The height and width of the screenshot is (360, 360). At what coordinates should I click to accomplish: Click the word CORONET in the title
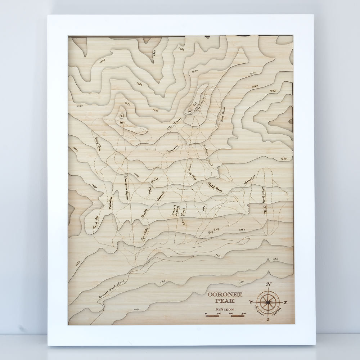225,294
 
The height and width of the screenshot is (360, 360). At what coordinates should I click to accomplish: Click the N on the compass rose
268,284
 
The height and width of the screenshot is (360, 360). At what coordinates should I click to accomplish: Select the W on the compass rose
251,302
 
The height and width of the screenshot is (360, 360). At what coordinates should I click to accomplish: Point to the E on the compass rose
285,302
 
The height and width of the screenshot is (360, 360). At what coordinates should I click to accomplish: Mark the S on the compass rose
268,318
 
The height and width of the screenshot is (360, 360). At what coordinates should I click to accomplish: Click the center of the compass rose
268,302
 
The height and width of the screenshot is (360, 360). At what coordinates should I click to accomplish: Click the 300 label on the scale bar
243,314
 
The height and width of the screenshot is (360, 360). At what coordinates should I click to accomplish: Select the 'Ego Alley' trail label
145,234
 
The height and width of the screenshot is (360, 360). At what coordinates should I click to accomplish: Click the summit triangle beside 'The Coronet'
189,111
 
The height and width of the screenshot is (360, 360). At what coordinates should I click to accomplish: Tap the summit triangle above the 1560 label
121,116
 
